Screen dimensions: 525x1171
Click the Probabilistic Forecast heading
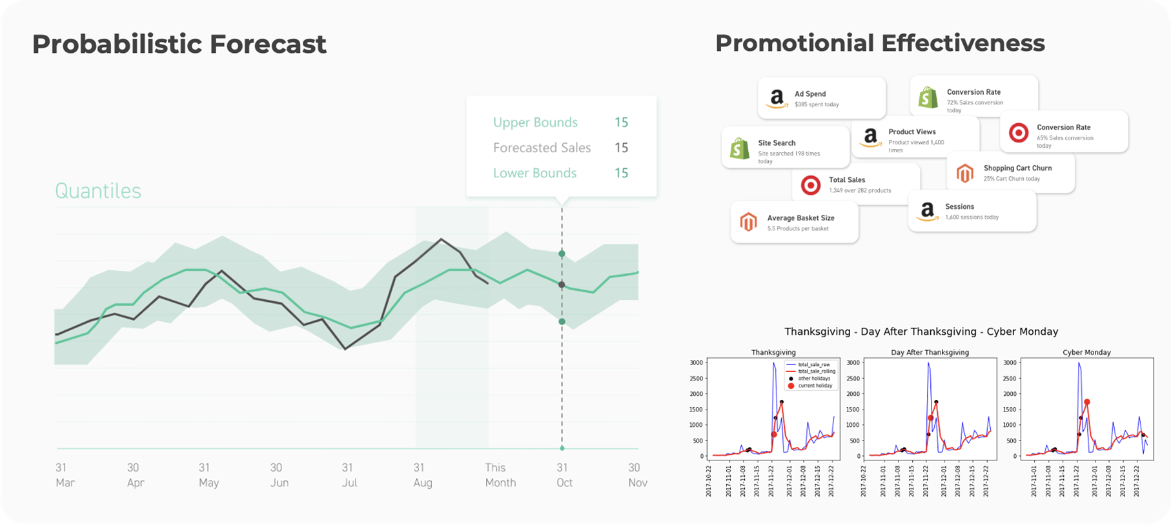tap(179, 45)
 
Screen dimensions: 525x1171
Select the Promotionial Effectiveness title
tap(879, 43)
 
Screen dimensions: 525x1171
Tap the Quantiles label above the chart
tap(98, 191)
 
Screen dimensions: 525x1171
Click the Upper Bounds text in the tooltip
tap(535, 123)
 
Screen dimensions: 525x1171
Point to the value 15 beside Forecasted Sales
tap(621, 148)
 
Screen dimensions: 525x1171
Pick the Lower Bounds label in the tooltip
tap(535, 173)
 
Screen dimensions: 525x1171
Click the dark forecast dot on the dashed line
tap(562, 284)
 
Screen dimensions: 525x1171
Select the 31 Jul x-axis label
tap(349, 475)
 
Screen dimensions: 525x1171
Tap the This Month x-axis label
tap(500, 475)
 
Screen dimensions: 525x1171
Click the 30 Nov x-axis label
tap(637, 475)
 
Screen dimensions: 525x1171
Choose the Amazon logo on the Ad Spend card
tap(777, 99)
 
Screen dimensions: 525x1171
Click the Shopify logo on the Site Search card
tap(740, 148)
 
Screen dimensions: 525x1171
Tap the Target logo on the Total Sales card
tap(811, 185)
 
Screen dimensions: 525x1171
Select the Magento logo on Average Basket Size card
tap(748, 223)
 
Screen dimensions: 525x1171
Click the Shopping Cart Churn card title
tap(1017, 168)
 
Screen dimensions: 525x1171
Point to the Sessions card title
tap(959, 207)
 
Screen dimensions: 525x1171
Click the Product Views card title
tap(911, 132)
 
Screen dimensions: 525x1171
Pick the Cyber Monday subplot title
tap(1086, 352)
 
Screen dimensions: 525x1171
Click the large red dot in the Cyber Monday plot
tap(1087, 402)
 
